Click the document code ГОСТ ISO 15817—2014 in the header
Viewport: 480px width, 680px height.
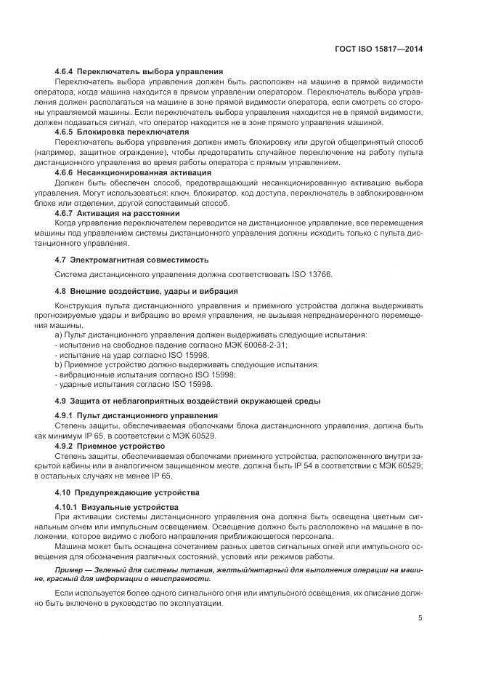(381, 49)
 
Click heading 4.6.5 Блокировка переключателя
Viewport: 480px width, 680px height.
(122, 132)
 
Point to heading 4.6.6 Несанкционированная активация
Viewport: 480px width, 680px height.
(133, 173)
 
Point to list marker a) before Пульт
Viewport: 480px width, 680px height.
(58, 335)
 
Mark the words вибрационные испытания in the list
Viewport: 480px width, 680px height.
(102, 375)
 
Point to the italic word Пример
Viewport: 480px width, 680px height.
(72, 569)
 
